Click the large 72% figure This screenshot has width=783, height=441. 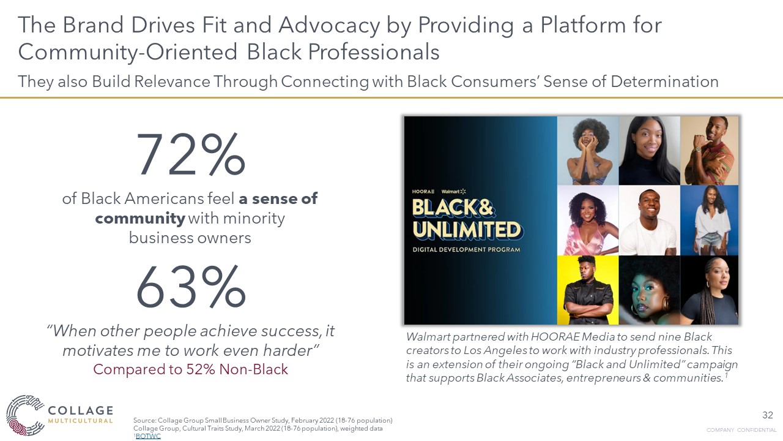190,154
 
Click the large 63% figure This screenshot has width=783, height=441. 190,288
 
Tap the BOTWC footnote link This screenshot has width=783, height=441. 147,436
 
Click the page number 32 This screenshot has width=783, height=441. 768,415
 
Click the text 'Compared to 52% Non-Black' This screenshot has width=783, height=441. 190,369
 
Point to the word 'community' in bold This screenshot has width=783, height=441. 140,218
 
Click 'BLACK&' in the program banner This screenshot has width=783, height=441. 453,208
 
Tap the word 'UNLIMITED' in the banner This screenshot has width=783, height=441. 466,230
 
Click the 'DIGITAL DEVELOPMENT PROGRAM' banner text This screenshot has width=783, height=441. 466,250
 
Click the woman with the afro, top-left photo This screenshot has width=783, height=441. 587,150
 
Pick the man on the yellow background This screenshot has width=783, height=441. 587,290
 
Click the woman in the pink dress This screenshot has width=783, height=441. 587,221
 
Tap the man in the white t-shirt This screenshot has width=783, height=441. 648,221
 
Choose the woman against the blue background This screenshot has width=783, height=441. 710,221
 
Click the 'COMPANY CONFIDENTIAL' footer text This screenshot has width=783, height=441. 741,430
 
